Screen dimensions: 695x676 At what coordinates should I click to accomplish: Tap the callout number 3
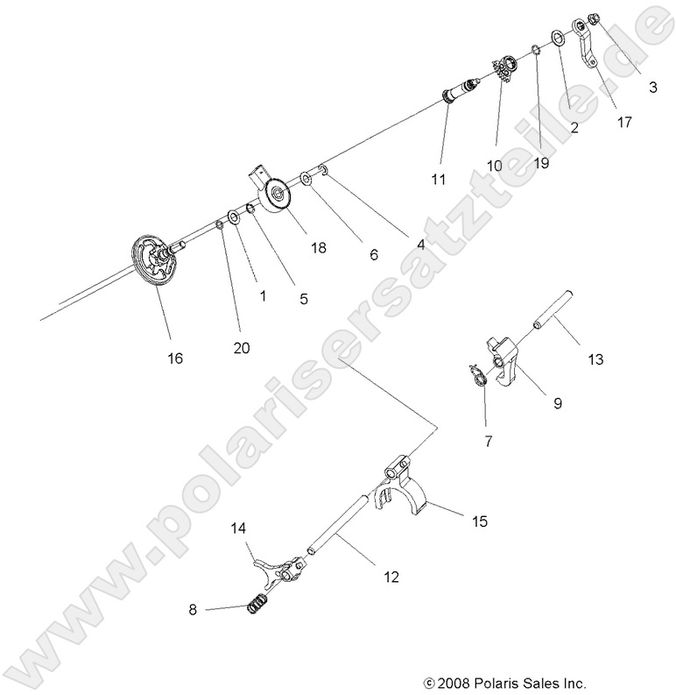[x=653, y=88]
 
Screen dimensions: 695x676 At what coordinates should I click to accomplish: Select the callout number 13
[x=595, y=358]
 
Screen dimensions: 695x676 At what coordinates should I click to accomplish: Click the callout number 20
[x=242, y=347]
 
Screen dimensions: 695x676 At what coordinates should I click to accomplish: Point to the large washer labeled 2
[x=557, y=39]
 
